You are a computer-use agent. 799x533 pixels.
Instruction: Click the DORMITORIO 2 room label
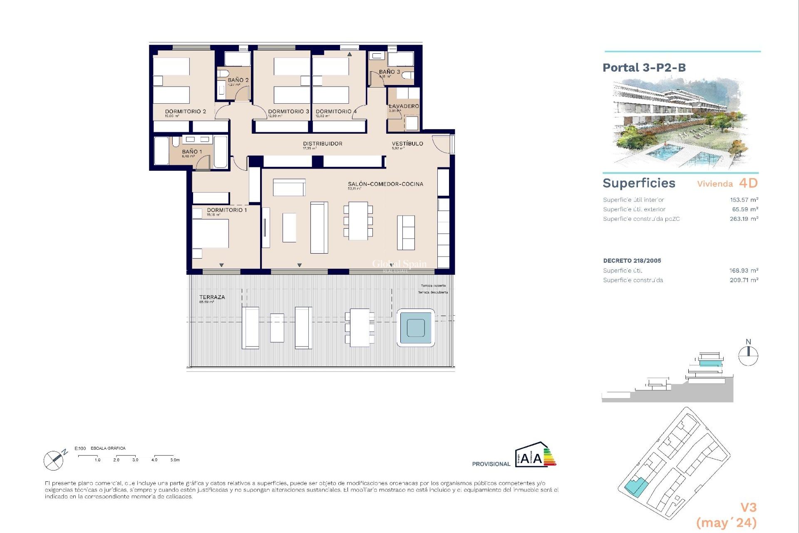[185, 112]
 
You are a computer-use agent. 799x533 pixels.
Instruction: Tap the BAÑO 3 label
[389, 72]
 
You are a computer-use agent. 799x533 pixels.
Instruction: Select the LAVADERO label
[404, 106]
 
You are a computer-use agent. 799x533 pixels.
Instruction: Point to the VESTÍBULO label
[407, 144]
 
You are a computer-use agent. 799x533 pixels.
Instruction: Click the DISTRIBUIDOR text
[323, 144]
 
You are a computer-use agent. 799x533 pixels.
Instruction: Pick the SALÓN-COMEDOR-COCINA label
[385, 184]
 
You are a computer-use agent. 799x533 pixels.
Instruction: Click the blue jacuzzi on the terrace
[416, 328]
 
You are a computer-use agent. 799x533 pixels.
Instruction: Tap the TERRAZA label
[212, 297]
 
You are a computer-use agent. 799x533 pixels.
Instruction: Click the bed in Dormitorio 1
[210, 233]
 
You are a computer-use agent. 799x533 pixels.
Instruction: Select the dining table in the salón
[358, 221]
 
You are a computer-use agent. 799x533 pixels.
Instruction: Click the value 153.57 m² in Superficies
[744, 200]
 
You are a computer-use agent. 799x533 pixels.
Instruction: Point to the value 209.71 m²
[744, 280]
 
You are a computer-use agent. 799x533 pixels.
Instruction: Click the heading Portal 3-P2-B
[644, 68]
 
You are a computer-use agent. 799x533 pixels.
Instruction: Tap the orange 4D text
[748, 183]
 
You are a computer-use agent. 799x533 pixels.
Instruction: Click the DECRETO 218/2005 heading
[632, 261]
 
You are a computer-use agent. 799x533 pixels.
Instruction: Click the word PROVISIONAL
[491, 464]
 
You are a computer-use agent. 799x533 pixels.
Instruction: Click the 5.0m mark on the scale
[175, 460]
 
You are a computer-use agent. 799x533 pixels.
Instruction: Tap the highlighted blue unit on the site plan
[636, 486]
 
